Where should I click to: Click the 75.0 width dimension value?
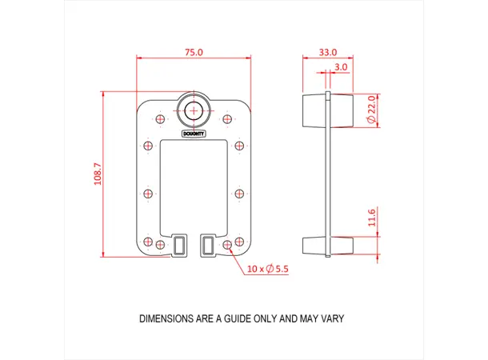pyautogui.click(x=194, y=52)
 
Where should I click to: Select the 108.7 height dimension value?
pyautogui.click(x=98, y=174)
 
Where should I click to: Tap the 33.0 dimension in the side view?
pyautogui.click(x=327, y=52)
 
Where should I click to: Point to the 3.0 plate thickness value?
pyautogui.click(x=341, y=67)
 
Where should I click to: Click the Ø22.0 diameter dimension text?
pyautogui.click(x=371, y=109)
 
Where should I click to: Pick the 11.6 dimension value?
pyautogui.click(x=371, y=218)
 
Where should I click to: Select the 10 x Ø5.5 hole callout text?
pyautogui.click(x=268, y=269)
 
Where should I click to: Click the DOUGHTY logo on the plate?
pyautogui.click(x=194, y=134)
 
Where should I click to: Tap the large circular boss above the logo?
pyautogui.click(x=194, y=110)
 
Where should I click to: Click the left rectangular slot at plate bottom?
pyautogui.click(x=180, y=246)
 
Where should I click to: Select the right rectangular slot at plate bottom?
pyautogui.click(x=208, y=246)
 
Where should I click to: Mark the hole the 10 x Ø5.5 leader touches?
pyautogui.click(x=227, y=244)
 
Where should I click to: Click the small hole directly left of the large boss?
pyautogui.click(x=160, y=119)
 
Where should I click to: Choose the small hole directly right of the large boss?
pyautogui.click(x=228, y=119)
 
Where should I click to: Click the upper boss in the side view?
pyautogui.click(x=327, y=110)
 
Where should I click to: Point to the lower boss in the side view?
pyautogui.click(x=327, y=246)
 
